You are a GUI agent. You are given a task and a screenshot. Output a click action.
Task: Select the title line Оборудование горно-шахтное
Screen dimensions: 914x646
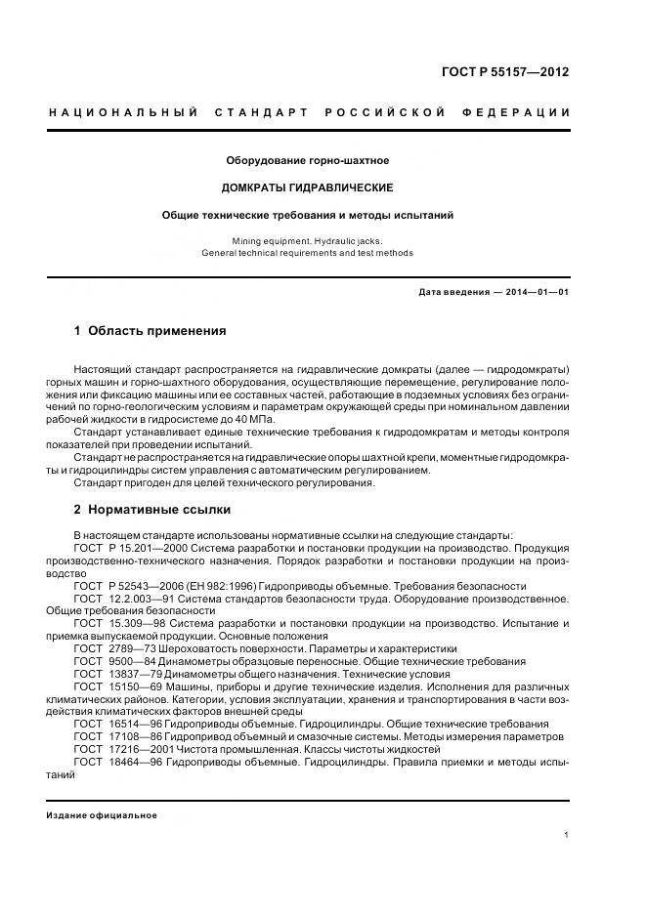pos(308,160)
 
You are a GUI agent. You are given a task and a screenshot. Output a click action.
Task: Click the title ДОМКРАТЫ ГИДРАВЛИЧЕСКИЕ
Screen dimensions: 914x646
pos(308,187)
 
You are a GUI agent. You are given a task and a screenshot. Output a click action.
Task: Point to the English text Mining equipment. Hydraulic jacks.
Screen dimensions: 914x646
pos(308,240)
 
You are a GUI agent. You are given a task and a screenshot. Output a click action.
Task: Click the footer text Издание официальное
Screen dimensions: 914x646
pos(102,815)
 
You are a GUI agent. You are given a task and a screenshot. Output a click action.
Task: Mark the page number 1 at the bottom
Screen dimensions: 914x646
pos(567,834)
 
